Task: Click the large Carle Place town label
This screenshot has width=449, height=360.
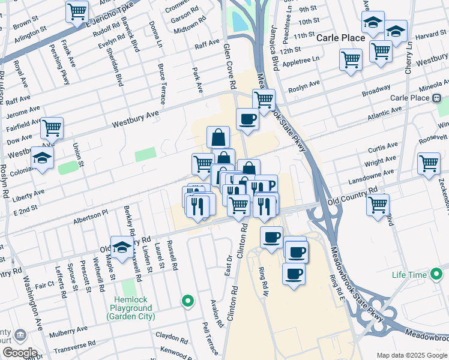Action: [x=341, y=38]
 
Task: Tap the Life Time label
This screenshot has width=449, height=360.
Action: [x=408, y=275]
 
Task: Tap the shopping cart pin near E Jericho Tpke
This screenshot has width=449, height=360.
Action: [x=77, y=11]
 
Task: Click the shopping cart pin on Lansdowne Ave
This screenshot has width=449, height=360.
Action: [x=429, y=163]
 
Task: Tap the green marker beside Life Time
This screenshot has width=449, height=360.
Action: [x=436, y=275]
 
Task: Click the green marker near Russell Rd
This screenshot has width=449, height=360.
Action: [x=188, y=301]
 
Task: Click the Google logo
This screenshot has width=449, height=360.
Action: [x=20, y=353]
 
